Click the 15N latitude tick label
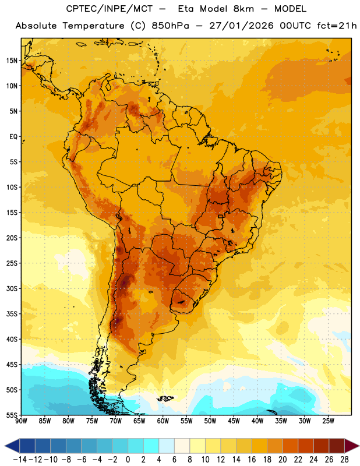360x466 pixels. click(12, 61)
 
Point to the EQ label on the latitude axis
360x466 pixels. click(13, 137)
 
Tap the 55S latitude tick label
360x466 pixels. click(12, 415)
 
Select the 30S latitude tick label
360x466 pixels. click(12, 288)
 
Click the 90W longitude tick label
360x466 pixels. click(21, 421)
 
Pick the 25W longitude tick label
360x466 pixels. click(328, 421)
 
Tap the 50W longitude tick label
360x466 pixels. click(210, 421)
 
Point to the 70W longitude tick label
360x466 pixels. click(116, 421)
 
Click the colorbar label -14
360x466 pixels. click(20, 460)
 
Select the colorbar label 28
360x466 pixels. click(344, 460)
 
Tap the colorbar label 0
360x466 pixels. click(128, 460)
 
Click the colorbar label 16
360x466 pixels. click(252, 460)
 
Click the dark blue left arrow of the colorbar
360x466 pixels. click(13, 446)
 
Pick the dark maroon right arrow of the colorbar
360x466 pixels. click(352, 446)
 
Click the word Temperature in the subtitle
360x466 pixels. click(93, 26)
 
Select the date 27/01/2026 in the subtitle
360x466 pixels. click(241, 26)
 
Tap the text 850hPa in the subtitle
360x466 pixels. click(170, 26)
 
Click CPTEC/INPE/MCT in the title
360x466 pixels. click(110, 9)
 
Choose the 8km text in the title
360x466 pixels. click(243, 9)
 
